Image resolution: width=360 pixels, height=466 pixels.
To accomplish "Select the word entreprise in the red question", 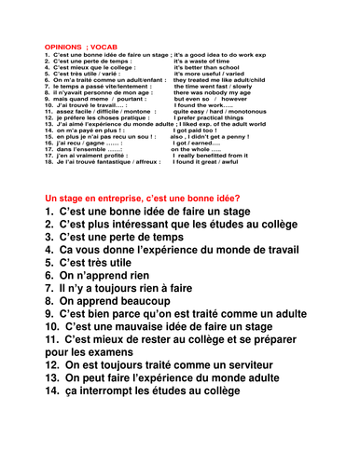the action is pos(128,199).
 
